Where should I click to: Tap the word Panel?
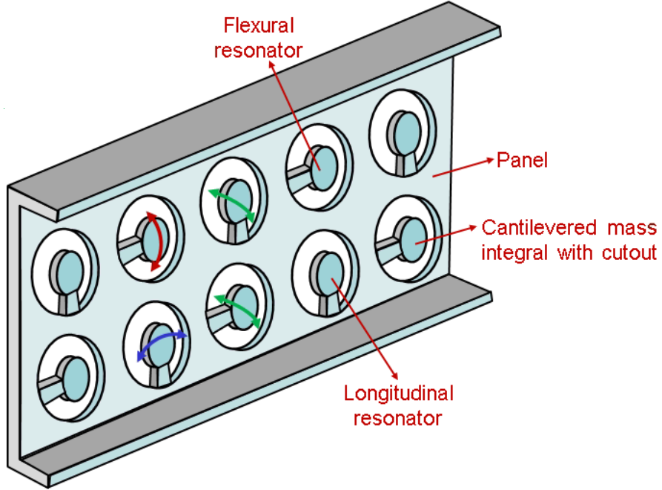coord(522,160)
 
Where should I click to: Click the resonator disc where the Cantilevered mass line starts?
coord(412,239)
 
